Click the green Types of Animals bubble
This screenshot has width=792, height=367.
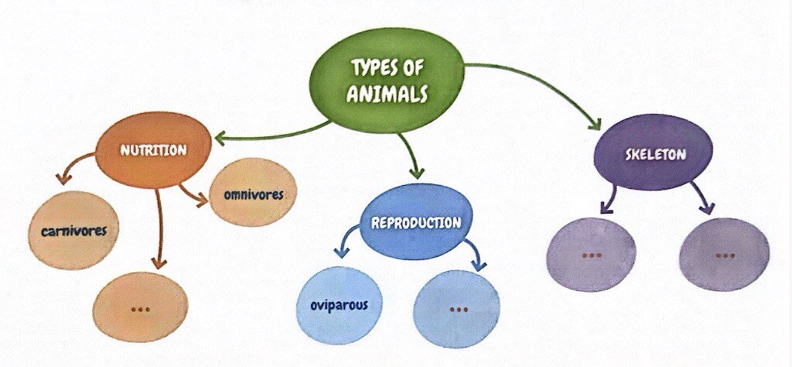point(386,80)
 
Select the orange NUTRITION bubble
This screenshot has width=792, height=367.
point(154,150)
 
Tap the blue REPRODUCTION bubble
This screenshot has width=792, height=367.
point(415,222)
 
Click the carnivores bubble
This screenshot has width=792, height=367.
point(73,231)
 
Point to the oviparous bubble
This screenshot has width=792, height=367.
point(339,306)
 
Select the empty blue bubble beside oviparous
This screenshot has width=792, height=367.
point(456,310)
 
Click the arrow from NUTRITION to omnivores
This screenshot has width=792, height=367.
point(193,195)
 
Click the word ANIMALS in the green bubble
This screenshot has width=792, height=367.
point(387,94)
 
